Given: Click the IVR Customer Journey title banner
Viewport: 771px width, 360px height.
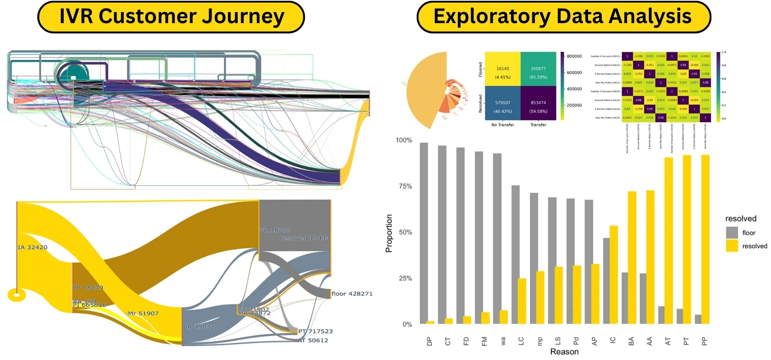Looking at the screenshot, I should (x=171, y=17).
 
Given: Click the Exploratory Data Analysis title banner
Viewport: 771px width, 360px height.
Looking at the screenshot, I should (x=563, y=17).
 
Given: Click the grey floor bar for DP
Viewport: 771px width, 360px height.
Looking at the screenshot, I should (x=424, y=233).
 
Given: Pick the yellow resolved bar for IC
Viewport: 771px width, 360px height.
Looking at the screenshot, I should (x=613, y=275).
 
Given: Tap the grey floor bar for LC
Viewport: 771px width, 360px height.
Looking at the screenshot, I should (x=515, y=255).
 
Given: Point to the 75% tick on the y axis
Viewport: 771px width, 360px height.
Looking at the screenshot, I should (x=405, y=186).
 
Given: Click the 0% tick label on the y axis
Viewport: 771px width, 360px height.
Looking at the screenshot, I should (x=407, y=324).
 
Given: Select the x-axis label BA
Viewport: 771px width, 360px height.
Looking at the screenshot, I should (x=631, y=342).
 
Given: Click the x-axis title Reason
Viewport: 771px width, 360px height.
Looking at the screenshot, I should (x=564, y=352).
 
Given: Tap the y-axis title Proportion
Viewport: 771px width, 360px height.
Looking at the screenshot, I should (x=389, y=233).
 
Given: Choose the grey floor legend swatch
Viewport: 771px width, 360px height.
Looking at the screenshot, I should (x=732, y=233).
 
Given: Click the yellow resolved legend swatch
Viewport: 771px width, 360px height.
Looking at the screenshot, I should (x=732, y=246).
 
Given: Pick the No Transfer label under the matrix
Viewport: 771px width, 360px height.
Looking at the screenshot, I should (x=502, y=125).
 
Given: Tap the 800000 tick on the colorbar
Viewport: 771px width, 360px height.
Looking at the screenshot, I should (x=574, y=56).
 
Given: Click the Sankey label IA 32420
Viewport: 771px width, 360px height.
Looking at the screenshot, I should (x=33, y=247).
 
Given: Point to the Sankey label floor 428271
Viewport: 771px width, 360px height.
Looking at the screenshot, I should (x=352, y=294).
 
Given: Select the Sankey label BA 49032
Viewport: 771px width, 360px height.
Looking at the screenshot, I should (x=199, y=327).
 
